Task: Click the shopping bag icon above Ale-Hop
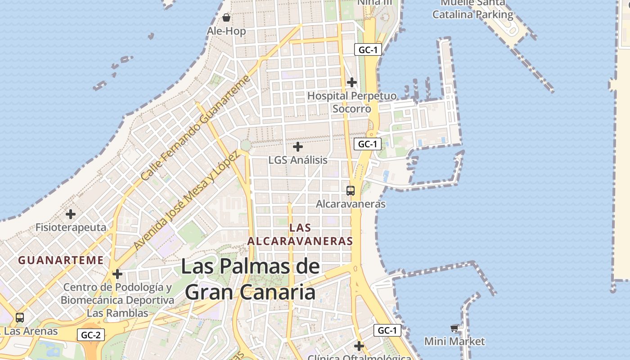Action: click(x=226, y=18)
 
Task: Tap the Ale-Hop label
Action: click(x=226, y=31)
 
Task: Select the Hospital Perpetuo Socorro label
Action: click(x=352, y=102)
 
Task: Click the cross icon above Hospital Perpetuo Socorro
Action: click(x=352, y=82)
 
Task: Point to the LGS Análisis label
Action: click(x=298, y=160)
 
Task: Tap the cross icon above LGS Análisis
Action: click(x=298, y=147)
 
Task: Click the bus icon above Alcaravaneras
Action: click(x=351, y=190)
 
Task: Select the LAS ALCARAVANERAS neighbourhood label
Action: click(x=300, y=234)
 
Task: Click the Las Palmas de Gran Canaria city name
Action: click(x=250, y=279)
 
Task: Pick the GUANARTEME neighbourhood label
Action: click(x=61, y=260)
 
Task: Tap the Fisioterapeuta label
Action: click(x=71, y=227)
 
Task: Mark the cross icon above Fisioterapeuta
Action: click(x=71, y=214)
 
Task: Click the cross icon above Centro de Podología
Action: click(x=117, y=274)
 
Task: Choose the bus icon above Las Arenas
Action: click(x=20, y=317)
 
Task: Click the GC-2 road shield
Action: click(x=91, y=335)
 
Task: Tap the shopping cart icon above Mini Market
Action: click(x=454, y=328)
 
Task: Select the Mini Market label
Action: click(x=454, y=342)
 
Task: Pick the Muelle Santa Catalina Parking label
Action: click(x=472, y=9)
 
